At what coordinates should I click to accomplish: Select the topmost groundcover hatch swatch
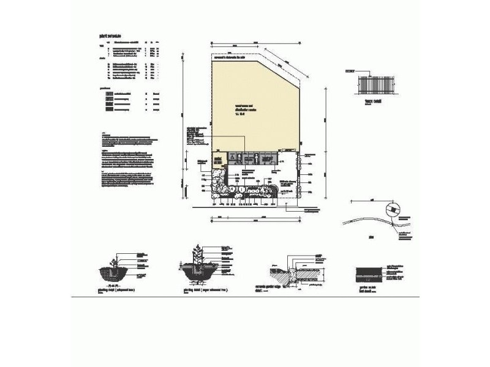coord(108,93)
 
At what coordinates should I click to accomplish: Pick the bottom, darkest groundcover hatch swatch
coord(108,111)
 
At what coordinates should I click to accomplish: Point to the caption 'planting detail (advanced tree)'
coord(116,291)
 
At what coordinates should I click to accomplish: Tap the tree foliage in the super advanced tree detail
coord(197,254)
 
